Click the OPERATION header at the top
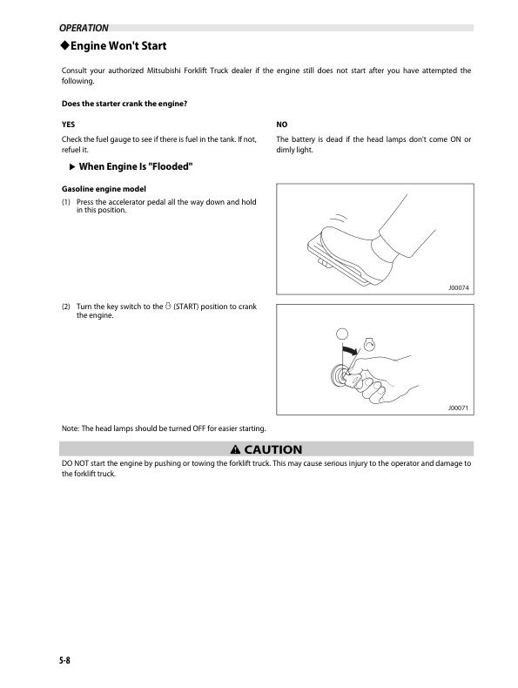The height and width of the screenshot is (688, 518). (x=83, y=28)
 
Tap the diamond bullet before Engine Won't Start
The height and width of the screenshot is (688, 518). (x=64, y=45)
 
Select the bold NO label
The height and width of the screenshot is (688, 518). (x=282, y=125)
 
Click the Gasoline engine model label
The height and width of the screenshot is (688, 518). (x=102, y=189)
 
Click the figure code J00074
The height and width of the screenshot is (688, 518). (x=458, y=288)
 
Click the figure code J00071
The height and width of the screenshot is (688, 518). (x=458, y=407)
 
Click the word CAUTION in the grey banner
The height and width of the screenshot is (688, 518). (x=272, y=449)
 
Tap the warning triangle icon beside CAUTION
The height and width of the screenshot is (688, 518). (x=235, y=449)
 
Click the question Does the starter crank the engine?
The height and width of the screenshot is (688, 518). (x=124, y=105)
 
